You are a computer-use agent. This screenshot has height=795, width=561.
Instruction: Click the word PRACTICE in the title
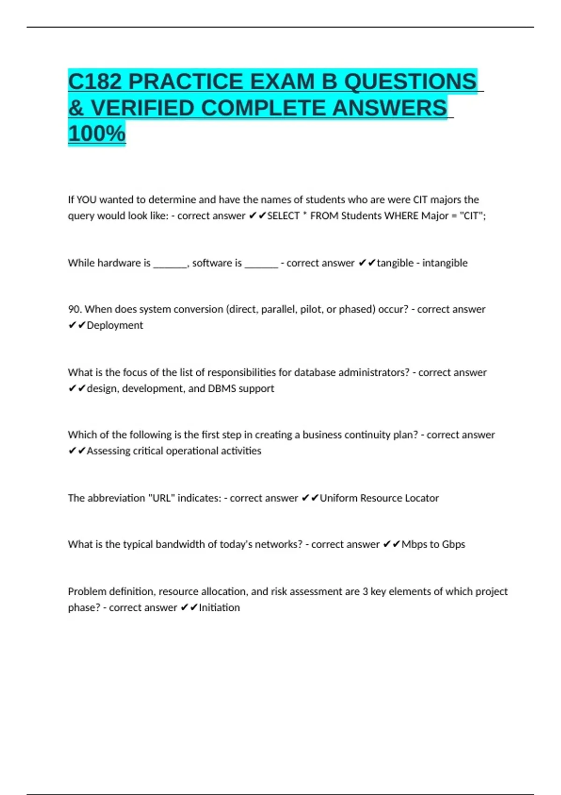click(x=186, y=82)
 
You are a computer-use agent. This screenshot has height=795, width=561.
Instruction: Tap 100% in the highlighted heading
click(x=97, y=133)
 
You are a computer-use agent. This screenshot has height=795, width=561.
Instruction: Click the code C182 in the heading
click(x=95, y=82)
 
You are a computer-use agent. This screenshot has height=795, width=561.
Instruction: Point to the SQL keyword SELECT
click(x=283, y=216)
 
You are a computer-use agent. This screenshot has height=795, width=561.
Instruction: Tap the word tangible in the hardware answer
click(x=395, y=263)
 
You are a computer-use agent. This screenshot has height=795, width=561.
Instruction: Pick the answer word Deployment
click(x=115, y=325)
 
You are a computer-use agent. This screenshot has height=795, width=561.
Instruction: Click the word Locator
click(x=422, y=498)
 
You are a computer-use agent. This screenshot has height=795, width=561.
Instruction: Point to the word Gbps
click(x=453, y=544)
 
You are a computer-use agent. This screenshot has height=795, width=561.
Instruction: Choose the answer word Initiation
click(x=219, y=607)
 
